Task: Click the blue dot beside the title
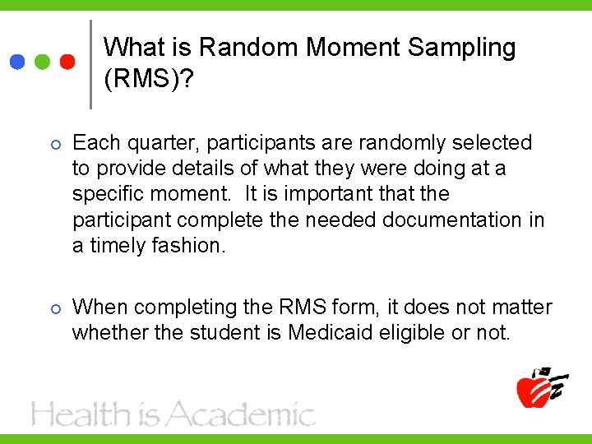(x=17, y=62)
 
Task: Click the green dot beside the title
(x=43, y=62)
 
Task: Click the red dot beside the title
(x=68, y=62)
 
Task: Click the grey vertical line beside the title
(x=90, y=64)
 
